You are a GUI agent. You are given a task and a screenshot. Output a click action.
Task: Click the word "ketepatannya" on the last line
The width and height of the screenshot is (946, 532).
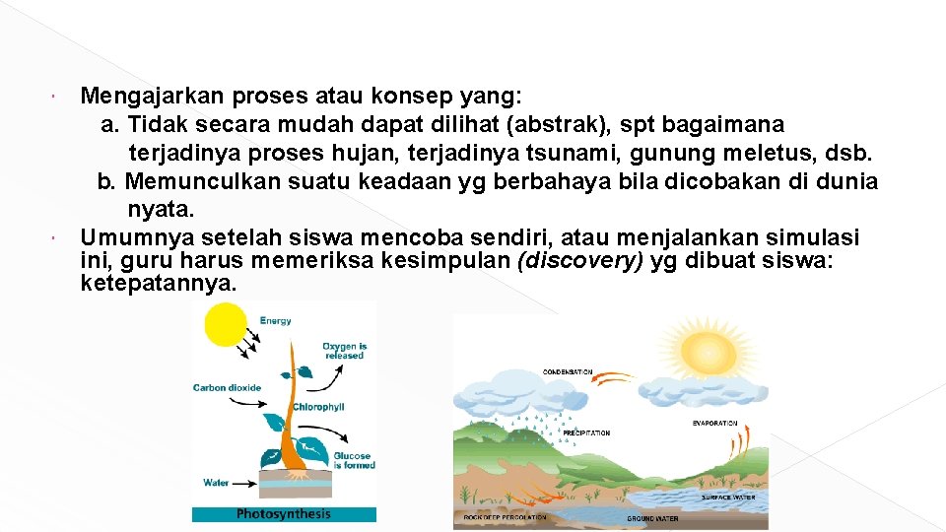click(x=159, y=284)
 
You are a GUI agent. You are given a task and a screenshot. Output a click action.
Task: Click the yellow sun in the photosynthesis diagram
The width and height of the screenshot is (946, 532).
click(x=226, y=323)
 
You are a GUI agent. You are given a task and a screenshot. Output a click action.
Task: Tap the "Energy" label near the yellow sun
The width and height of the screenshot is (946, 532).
click(x=275, y=320)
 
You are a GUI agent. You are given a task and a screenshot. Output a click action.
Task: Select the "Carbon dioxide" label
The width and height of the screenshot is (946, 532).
click(x=227, y=388)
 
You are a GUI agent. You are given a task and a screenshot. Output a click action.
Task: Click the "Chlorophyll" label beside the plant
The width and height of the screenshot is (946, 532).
click(x=317, y=407)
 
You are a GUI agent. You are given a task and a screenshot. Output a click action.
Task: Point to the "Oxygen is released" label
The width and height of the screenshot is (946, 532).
click(x=344, y=351)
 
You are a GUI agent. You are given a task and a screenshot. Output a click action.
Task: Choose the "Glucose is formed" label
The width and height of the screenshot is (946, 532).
click(x=353, y=460)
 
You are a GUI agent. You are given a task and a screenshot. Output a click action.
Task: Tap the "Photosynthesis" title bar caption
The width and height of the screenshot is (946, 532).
click(x=284, y=513)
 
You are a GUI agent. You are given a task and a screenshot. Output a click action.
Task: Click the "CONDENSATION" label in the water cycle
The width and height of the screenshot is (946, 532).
click(x=568, y=372)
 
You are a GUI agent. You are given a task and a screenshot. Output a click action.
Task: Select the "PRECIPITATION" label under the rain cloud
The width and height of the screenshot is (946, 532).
click(x=585, y=432)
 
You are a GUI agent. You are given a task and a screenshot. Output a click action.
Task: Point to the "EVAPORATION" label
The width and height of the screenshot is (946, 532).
click(x=714, y=424)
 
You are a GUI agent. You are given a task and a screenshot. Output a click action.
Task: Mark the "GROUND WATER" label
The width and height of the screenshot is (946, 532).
click(x=652, y=518)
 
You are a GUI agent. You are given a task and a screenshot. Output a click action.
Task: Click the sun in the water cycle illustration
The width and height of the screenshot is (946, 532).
click(x=707, y=350)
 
